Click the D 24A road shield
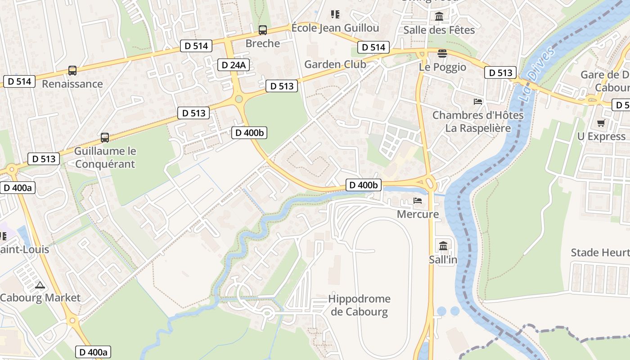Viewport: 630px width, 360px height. pyautogui.click(x=234, y=65)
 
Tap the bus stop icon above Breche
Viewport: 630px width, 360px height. pyautogui.click(x=262, y=30)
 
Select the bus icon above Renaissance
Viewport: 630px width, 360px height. pyautogui.click(x=72, y=71)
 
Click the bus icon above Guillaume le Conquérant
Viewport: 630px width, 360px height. pyautogui.click(x=105, y=137)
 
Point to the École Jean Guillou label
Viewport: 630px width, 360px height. pyautogui.click(x=335, y=28)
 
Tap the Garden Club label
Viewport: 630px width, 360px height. pyautogui.click(x=335, y=64)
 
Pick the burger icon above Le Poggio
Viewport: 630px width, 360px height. pyautogui.click(x=442, y=54)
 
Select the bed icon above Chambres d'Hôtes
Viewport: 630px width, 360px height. pyautogui.click(x=478, y=102)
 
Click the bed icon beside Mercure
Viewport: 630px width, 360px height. pyautogui.click(x=418, y=201)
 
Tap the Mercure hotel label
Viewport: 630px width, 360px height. pyautogui.click(x=418, y=214)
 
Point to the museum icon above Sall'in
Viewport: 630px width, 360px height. pyautogui.click(x=443, y=246)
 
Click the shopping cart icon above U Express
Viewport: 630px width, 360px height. pyautogui.click(x=601, y=123)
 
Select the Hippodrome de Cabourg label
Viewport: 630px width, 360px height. pyautogui.click(x=359, y=305)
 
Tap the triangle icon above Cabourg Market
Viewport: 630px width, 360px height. pyautogui.click(x=40, y=285)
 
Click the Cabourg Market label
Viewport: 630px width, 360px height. pyautogui.click(x=40, y=297)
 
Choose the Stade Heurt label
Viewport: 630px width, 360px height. pyautogui.click(x=600, y=252)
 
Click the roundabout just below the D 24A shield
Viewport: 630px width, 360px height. pyautogui.click(x=238, y=99)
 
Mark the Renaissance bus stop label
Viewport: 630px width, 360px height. pyautogui.click(x=72, y=84)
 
